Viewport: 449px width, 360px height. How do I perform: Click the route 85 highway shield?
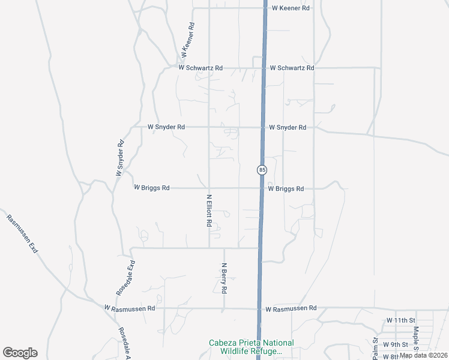(262, 170)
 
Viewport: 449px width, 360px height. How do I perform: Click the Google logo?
(20, 353)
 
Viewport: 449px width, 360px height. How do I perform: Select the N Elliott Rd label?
(209, 210)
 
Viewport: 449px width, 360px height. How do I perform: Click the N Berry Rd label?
(224, 278)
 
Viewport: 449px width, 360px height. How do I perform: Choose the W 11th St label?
(401, 321)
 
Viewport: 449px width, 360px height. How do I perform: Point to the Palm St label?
(375, 349)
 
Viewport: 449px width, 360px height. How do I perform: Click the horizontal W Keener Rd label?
(291, 8)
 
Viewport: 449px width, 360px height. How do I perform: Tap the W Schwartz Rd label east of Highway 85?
(292, 68)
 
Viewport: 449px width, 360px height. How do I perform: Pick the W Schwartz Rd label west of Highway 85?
(200, 68)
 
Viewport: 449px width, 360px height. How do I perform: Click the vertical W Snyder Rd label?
(120, 157)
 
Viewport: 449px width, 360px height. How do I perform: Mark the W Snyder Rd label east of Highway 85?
(288, 127)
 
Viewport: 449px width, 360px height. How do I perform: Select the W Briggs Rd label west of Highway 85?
(152, 188)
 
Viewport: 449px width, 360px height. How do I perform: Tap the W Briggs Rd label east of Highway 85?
(286, 188)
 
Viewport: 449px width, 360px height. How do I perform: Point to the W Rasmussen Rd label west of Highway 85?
(130, 308)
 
